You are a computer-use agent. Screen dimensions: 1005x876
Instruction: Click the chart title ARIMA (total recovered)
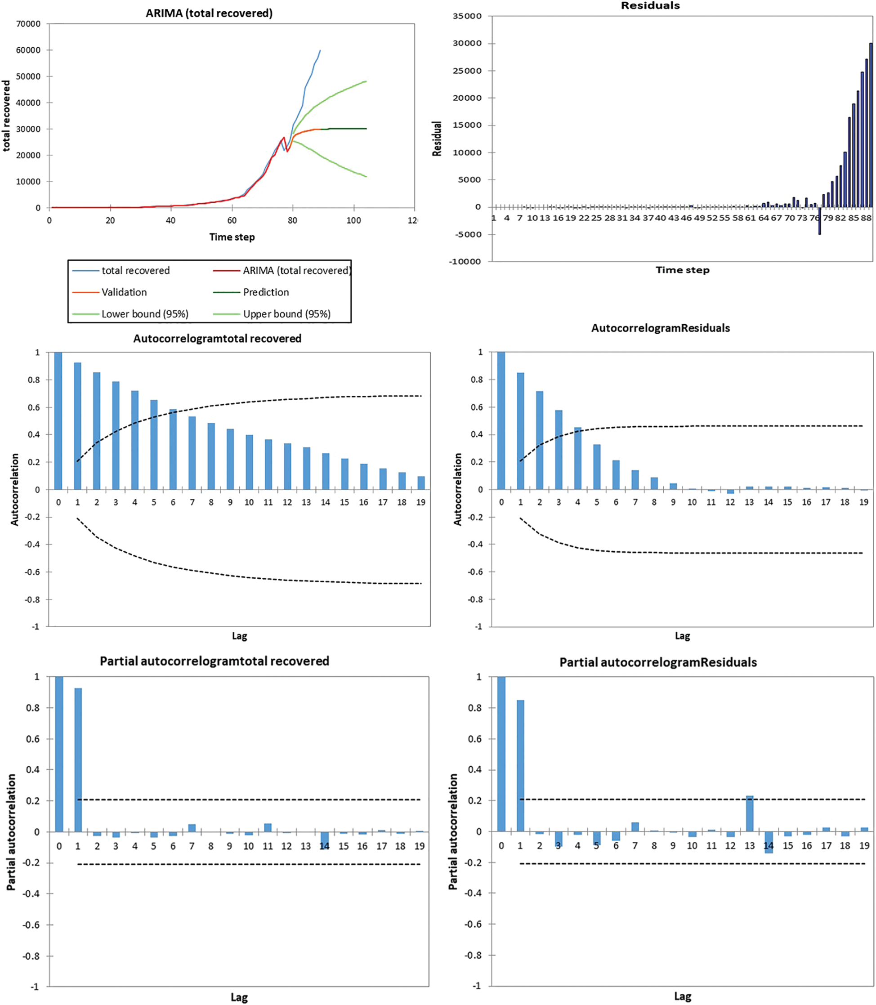(209, 13)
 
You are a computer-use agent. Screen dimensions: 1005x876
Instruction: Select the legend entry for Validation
(124, 292)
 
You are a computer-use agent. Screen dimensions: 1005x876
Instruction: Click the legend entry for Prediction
(266, 292)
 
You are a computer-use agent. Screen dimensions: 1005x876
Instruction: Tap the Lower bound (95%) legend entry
(145, 314)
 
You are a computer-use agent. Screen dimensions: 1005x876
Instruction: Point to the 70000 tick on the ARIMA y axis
(28, 24)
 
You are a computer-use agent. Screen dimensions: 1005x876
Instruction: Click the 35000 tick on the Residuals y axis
(467, 16)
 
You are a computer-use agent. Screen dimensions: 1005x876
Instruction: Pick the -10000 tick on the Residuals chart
(465, 262)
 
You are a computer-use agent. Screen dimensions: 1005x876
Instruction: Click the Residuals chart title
(650, 6)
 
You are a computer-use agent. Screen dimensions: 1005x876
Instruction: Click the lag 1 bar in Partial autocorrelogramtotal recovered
(78, 759)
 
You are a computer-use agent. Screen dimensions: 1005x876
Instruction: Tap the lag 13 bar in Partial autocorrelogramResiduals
(749, 813)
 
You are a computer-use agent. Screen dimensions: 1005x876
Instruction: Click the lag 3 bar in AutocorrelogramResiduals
(559, 449)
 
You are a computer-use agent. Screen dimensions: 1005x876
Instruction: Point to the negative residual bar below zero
(820, 221)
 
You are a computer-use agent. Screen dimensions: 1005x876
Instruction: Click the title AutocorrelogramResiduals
(661, 328)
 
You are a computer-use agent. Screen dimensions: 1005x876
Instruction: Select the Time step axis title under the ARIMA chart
(232, 237)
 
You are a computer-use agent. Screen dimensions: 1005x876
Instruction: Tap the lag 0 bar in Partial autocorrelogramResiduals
(501, 754)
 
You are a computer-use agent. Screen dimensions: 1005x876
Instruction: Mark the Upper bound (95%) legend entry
(286, 314)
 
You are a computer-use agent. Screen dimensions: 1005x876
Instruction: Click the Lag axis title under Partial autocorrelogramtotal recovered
(239, 997)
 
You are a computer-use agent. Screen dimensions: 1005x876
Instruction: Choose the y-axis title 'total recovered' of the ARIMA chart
(6, 116)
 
